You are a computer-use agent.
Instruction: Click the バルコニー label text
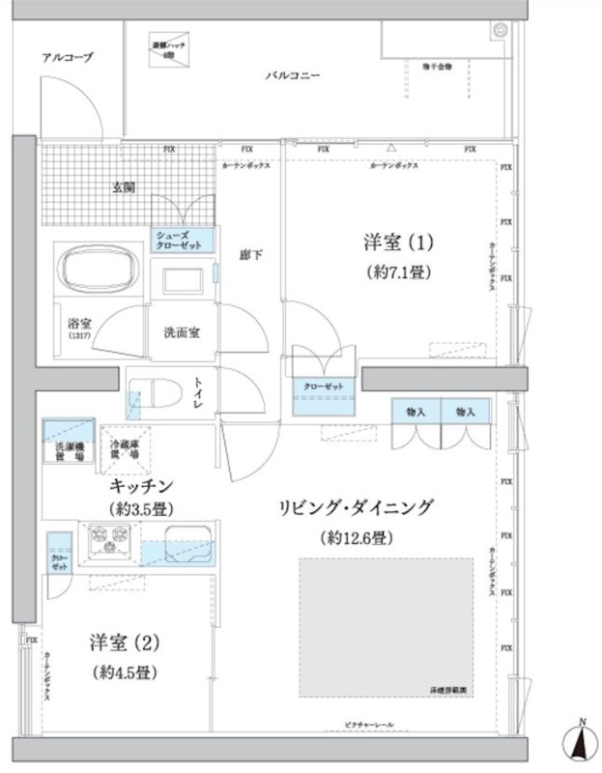click(289, 75)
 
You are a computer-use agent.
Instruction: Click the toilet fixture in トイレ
click(153, 394)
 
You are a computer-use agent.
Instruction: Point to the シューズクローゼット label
click(175, 241)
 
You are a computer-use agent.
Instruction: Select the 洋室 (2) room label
click(118, 642)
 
